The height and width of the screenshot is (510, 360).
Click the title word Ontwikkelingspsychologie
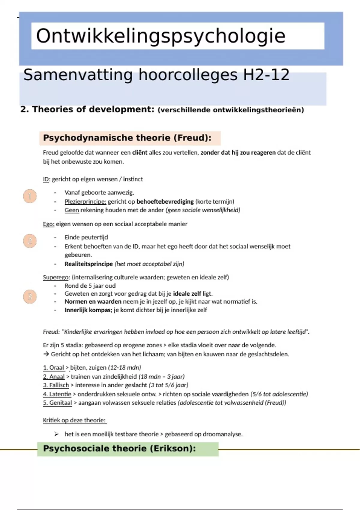160,36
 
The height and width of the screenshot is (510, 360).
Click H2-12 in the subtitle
266,75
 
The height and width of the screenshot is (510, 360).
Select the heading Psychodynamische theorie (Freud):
127,138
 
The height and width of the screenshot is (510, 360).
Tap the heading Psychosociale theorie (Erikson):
119,448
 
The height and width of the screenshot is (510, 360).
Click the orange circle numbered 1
30,196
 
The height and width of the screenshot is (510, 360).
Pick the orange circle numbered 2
30,241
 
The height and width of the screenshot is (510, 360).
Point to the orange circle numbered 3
30,297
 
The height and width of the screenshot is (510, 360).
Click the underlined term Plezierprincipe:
85,202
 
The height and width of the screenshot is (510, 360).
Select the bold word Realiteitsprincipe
88,264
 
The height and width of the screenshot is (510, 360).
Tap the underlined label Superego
56,277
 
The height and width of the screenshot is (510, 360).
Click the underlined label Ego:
49,224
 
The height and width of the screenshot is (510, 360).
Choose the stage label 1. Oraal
54,367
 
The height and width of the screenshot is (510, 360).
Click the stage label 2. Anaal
54,376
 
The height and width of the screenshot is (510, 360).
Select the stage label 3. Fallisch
56,385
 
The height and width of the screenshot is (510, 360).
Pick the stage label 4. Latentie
57,394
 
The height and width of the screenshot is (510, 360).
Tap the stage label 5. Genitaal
57,403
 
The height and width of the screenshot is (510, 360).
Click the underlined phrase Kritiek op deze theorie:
74,420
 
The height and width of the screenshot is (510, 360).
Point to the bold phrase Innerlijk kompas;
88,310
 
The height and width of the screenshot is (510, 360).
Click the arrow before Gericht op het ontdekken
46,354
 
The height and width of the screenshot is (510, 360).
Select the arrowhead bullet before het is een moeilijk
56,434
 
